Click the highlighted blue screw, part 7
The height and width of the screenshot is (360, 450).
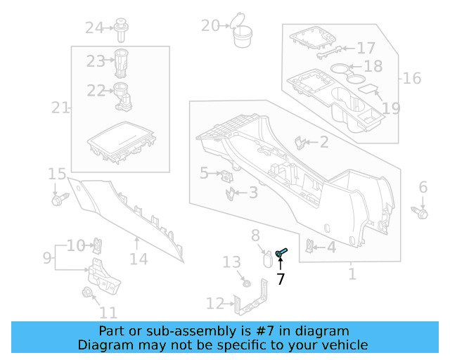click(x=282, y=252)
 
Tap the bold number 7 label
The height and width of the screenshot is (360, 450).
click(x=281, y=279)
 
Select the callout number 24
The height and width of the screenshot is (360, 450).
click(x=94, y=28)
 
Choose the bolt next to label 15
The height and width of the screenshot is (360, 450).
click(x=57, y=200)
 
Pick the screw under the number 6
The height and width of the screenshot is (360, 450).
click(x=420, y=211)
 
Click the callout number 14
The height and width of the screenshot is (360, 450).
click(x=139, y=259)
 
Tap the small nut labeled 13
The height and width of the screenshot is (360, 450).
click(x=246, y=283)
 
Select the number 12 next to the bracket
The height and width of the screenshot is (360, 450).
click(x=214, y=303)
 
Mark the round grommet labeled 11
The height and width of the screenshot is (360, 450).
click(x=88, y=293)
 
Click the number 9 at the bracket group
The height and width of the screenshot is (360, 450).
click(x=47, y=258)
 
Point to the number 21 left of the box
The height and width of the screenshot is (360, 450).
click(x=60, y=108)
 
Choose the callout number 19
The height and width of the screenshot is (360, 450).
click(x=391, y=108)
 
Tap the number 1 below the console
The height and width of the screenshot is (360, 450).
click(x=352, y=274)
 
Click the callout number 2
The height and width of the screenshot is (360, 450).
click(x=323, y=143)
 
